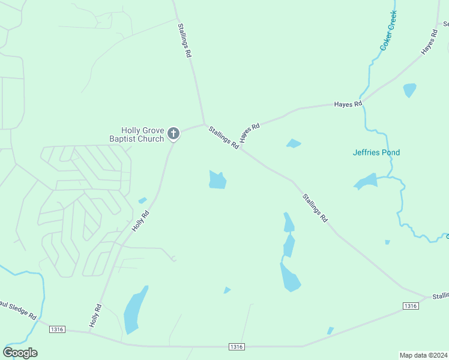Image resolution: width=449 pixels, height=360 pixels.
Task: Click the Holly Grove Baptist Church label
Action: (142, 134)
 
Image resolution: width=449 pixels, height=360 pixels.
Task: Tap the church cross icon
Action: (173, 133)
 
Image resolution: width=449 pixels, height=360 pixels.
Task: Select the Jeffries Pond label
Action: (376, 152)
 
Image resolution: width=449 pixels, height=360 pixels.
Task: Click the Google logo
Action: (20, 353)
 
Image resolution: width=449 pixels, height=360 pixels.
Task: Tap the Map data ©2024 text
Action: (423, 355)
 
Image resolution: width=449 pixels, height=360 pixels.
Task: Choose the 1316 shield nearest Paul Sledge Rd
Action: (57, 329)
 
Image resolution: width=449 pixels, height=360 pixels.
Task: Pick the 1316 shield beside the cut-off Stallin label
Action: (411, 306)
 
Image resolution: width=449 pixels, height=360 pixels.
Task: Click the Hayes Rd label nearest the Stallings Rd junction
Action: (249, 133)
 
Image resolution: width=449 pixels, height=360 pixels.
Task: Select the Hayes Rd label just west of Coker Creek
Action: (348, 104)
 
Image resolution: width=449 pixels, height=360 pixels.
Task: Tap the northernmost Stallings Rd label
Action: (184, 40)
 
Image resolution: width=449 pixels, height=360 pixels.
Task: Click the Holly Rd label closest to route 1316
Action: (95, 316)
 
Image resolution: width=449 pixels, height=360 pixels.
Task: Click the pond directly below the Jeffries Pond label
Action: (366, 181)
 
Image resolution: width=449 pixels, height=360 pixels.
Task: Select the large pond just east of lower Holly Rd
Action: (134, 311)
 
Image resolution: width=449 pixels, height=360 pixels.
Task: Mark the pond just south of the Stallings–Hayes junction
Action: (217, 179)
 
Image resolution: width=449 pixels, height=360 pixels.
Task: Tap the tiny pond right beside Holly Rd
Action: (142, 200)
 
